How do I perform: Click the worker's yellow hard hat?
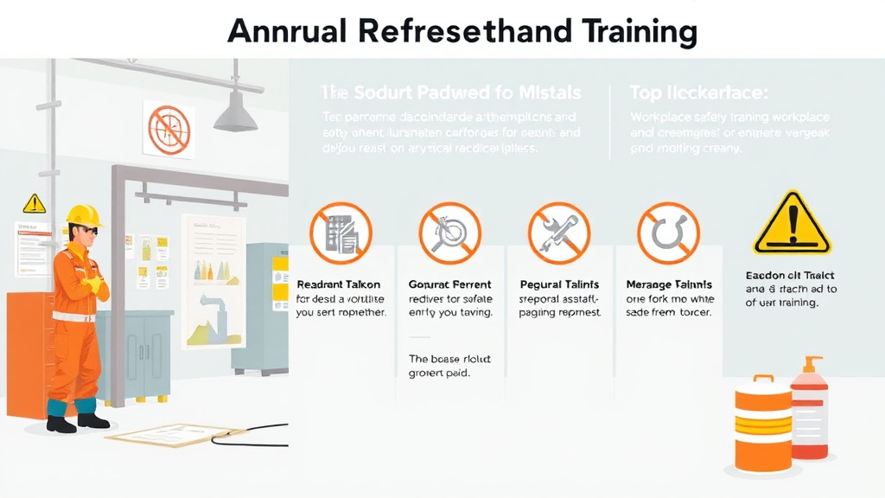pyautogui.click(x=84, y=214)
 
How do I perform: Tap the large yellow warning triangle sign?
pyautogui.click(x=791, y=223)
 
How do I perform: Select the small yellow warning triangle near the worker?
pyautogui.click(x=34, y=203)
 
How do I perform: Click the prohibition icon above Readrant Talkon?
pyautogui.click(x=341, y=233)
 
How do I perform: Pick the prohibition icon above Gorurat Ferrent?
pyautogui.click(x=449, y=233)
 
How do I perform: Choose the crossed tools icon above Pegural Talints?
pyautogui.click(x=559, y=233)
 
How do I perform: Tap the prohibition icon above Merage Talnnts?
pyautogui.click(x=668, y=233)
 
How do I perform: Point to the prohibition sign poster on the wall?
pyautogui.click(x=168, y=130)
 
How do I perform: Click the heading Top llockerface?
pyautogui.click(x=699, y=93)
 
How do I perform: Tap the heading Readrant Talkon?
pyautogui.click(x=332, y=284)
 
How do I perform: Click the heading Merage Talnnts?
pyautogui.click(x=668, y=284)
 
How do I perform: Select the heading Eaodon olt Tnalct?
pyautogui.click(x=784, y=275)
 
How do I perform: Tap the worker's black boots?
pyautogui.click(x=78, y=422)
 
